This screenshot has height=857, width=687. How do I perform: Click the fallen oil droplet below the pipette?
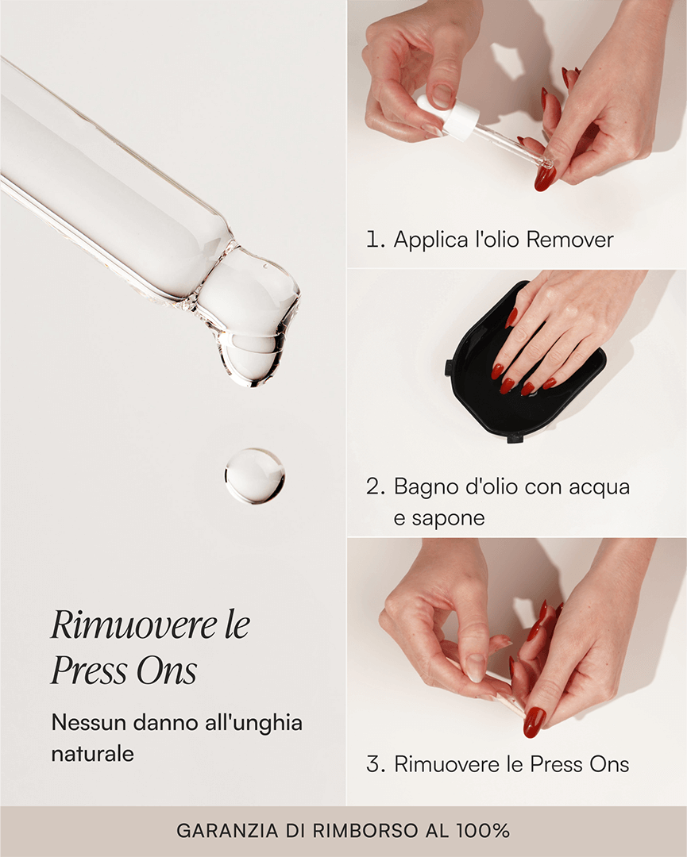click(x=254, y=476)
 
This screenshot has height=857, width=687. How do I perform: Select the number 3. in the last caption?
click(x=376, y=764)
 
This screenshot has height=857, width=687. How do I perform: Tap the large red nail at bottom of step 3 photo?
click(x=534, y=721)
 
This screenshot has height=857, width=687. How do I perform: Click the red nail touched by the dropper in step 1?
click(x=546, y=176)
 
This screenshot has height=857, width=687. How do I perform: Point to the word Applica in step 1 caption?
click(x=429, y=239)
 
